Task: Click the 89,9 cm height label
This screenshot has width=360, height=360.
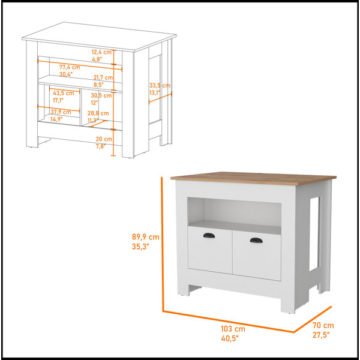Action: pyautogui.click(x=146, y=237)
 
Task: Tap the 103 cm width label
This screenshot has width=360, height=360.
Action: pyautogui.click(x=233, y=329)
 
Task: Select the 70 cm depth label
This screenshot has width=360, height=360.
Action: pyautogui.click(x=323, y=325)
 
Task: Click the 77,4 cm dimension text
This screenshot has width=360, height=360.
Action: pyautogui.click(x=70, y=67)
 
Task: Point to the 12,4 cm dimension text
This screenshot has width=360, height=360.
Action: pyautogui.click(x=101, y=52)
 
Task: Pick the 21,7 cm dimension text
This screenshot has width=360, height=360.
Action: pyautogui.click(x=103, y=77)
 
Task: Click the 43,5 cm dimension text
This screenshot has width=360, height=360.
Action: pyautogui.click(x=64, y=93)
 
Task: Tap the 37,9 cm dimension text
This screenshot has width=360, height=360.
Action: pyautogui.click(x=61, y=112)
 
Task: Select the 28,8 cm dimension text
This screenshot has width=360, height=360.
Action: pyautogui.click(x=98, y=113)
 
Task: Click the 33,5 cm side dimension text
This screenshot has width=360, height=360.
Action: pyautogui.click(x=160, y=86)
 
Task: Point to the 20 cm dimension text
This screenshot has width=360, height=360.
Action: pyautogui.click(x=104, y=139)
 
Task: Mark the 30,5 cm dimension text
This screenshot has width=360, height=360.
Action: pyautogui.click(x=101, y=95)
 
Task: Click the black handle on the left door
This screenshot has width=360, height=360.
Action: pyautogui.click(x=209, y=235)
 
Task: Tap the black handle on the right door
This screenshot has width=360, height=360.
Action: pyautogui.click(x=256, y=240)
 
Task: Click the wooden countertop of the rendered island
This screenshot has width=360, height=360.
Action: pyautogui.click(x=253, y=178)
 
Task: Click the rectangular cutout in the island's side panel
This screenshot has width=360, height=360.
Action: pyautogui.click(x=314, y=234)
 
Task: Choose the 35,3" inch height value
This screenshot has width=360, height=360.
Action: pyautogui.click(x=140, y=247)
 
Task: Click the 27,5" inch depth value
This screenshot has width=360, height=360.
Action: pyautogui.click(x=321, y=335)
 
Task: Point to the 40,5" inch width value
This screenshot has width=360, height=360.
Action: pyautogui.click(x=230, y=338)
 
